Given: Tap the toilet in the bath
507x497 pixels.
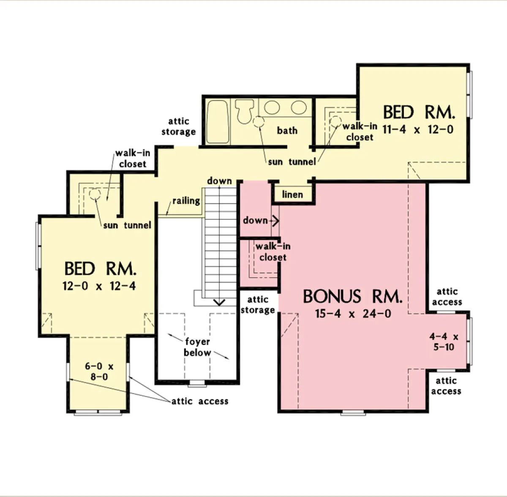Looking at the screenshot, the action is [245, 111].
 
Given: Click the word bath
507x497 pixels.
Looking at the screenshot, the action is [287, 130].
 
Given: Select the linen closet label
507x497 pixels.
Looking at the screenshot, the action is [292, 194].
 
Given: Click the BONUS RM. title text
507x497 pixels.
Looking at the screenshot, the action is [352, 296].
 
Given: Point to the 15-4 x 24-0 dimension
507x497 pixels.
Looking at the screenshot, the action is [353, 314].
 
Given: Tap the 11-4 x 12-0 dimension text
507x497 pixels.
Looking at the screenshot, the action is [418, 129].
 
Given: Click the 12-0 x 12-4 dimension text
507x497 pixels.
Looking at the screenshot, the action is [99, 286].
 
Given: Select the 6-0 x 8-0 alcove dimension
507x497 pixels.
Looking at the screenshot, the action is [99, 371].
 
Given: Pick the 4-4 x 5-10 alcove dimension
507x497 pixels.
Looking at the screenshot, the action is [444, 341].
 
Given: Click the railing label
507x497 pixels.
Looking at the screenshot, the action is [186, 201].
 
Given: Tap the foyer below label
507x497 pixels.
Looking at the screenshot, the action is [197, 347].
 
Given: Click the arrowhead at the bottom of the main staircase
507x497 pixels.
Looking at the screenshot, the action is [219, 302].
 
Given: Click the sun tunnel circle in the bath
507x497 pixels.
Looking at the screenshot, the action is [259, 122].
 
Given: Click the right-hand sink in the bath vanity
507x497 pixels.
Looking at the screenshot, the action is [299, 107].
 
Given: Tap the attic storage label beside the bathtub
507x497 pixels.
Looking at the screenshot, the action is [179, 126].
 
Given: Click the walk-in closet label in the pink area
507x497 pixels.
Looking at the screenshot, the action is [273, 251].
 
